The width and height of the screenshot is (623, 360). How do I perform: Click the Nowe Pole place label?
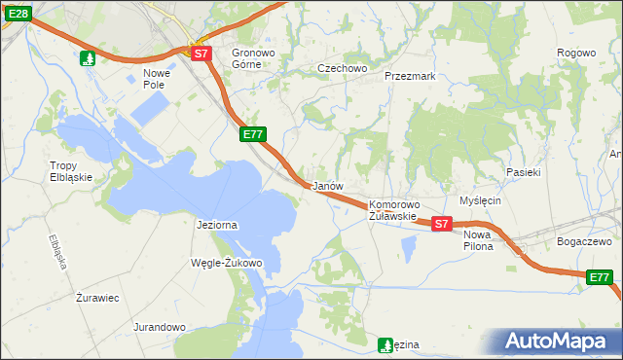point(156,79)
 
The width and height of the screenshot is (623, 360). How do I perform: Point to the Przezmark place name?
point(409,76)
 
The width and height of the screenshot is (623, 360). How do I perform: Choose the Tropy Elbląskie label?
point(70,171)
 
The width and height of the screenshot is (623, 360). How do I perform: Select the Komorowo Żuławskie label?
point(393,210)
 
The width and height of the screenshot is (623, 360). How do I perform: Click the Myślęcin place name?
point(480,200)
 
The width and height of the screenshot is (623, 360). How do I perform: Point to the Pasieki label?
point(523,172)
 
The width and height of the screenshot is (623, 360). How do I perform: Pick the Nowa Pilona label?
point(478,240)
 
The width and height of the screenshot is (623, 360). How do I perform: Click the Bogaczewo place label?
point(582,241)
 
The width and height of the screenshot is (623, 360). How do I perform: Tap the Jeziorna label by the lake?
point(217,225)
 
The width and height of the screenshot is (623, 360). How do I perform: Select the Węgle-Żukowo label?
point(229,263)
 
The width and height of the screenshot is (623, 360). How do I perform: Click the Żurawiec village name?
point(97,298)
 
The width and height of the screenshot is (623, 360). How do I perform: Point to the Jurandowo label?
point(160,327)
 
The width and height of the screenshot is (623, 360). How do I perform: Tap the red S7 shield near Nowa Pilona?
point(441,224)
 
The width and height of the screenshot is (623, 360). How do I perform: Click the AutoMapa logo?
point(559,342)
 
